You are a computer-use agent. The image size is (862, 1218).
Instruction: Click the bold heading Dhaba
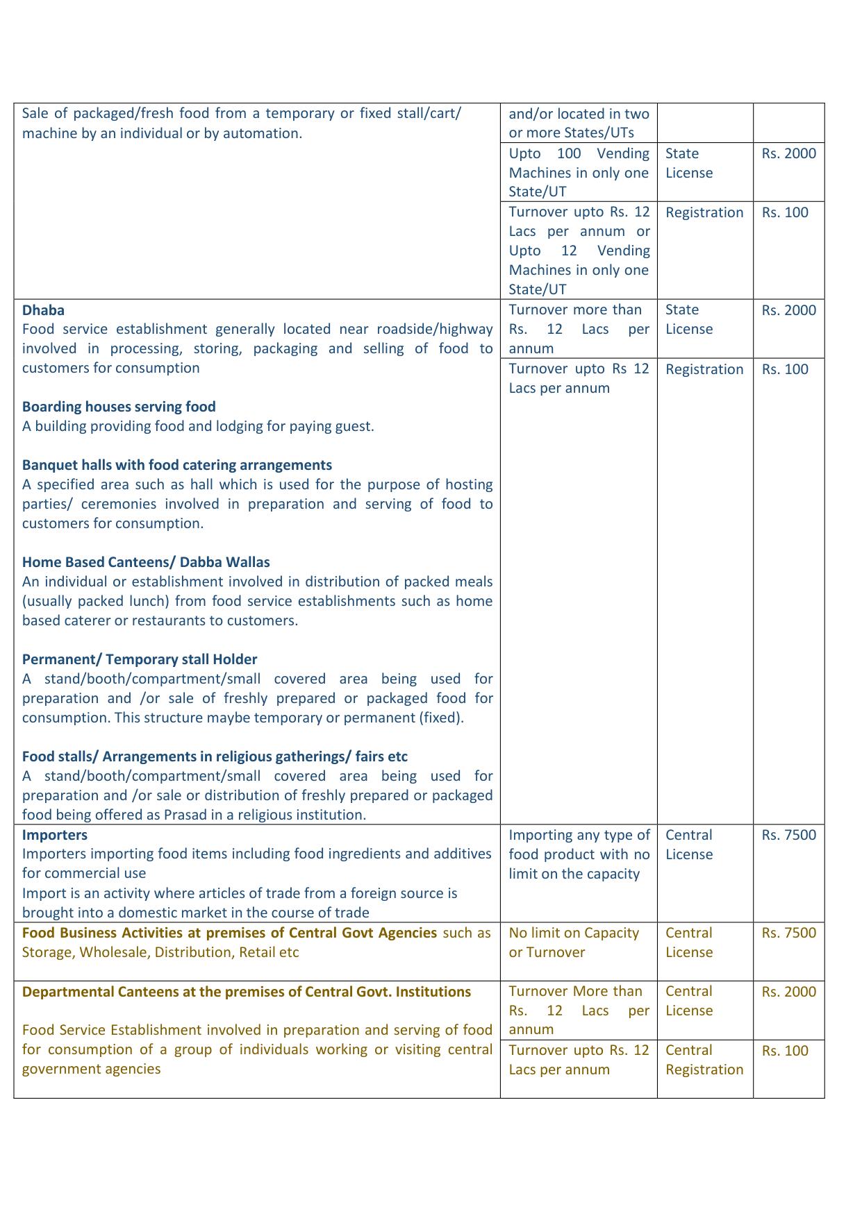point(43,310)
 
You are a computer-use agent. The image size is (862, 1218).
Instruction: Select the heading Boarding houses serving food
point(119,407)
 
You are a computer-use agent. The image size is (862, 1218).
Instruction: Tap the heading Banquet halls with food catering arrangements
point(177,465)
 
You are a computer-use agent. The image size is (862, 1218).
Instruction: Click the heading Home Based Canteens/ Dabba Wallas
point(146,562)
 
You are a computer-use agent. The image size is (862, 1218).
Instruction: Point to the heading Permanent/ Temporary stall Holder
point(140,659)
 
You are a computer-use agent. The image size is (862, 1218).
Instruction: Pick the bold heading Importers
point(55,835)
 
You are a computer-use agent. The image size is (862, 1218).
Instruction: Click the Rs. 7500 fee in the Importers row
point(788,836)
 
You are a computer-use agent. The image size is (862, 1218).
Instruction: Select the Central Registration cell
point(704,1060)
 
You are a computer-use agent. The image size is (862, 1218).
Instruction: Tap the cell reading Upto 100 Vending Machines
point(579,172)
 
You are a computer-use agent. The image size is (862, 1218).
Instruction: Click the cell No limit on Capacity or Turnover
point(574,942)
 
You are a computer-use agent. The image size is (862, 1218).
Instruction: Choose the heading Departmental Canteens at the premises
point(247,992)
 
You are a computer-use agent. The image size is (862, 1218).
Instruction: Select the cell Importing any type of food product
point(579,854)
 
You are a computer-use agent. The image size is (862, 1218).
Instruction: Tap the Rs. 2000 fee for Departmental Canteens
point(788,992)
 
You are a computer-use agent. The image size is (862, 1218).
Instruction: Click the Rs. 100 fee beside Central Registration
point(785,1051)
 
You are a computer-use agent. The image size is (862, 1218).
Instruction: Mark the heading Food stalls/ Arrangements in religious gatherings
point(215,756)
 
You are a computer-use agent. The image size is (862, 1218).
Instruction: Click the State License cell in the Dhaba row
point(688,319)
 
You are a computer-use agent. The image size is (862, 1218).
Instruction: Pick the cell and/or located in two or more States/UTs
point(579,123)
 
